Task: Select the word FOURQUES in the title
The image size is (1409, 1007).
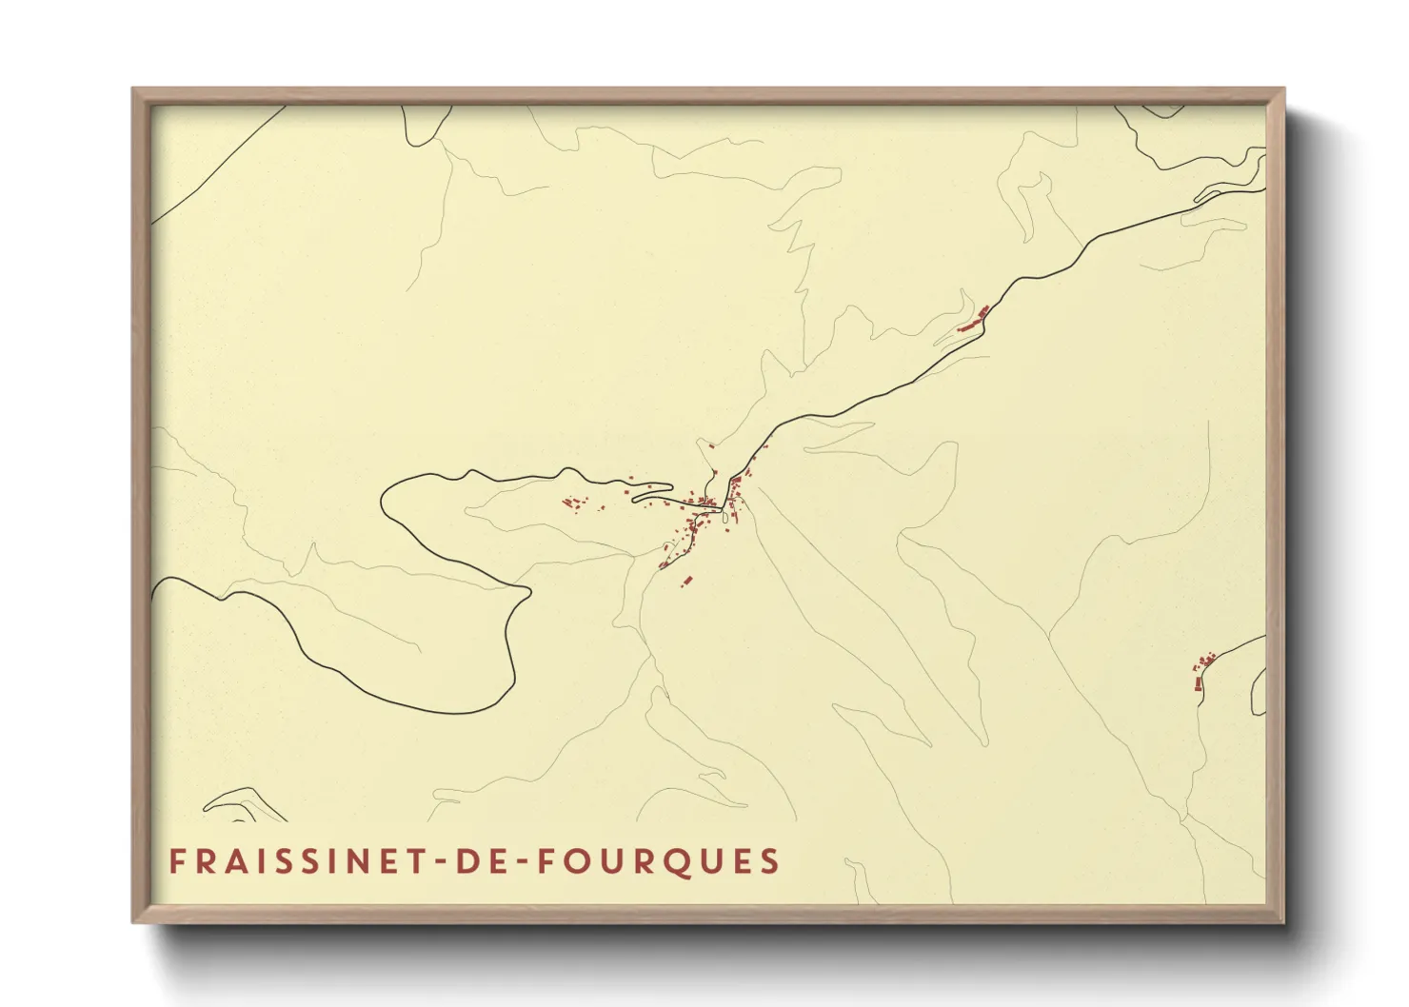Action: pyautogui.click(x=658, y=861)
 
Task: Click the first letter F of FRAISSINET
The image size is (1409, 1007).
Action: pyautogui.click(x=176, y=861)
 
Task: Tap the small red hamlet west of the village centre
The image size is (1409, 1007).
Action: pyautogui.click(x=574, y=503)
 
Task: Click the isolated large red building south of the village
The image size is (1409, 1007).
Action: pyautogui.click(x=685, y=580)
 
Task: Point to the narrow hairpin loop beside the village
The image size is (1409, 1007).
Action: pyautogui.click(x=652, y=492)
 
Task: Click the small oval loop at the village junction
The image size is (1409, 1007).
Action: pyautogui.click(x=725, y=517)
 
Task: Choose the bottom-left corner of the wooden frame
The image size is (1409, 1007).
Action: pyautogui.click(x=134, y=921)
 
